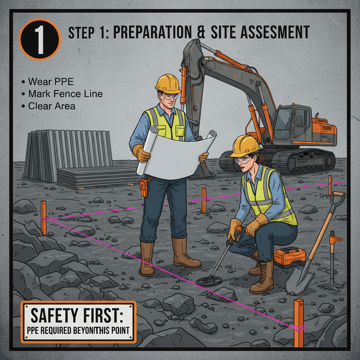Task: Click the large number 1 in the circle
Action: pyautogui.click(x=40, y=39)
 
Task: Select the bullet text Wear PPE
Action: pyautogui.click(x=51, y=82)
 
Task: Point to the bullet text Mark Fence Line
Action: pyautogui.click(x=65, y=94)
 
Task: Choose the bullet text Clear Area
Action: pyautogui.click(x=52, y=106)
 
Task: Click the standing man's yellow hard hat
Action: pyautogui.click(x=168, y=83)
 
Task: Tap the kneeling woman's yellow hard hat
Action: pyautogui.click(x=245, y=146)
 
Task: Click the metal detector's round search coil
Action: pyautogui.click(x=209, y=281)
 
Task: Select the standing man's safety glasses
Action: pyautogui.click(x=169, y=96)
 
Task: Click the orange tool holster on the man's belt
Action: pyautogui.click(x=144, y=186)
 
